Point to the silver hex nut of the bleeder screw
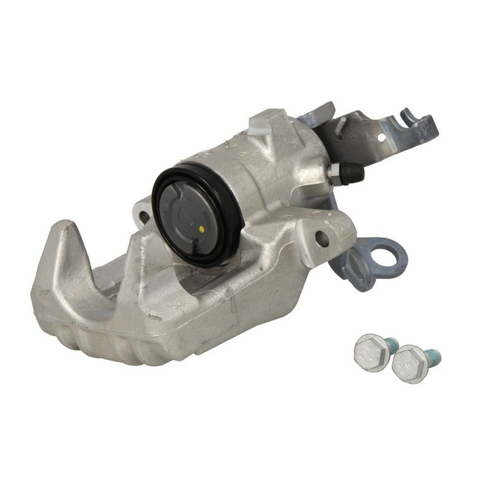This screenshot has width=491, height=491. [x=335, y=172]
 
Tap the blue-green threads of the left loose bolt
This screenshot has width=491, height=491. [x=392, y=343]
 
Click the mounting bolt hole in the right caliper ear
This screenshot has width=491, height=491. [x=322, y=238]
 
